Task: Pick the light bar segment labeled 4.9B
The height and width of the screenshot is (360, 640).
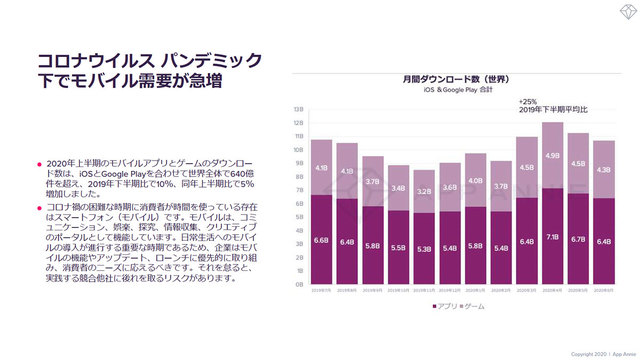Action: pos(553,155)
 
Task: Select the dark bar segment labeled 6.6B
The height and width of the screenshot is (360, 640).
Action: pos(321,240)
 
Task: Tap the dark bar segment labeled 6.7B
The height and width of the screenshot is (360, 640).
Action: pos(579,239)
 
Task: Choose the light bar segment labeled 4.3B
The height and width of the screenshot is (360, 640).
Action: pos(605,169)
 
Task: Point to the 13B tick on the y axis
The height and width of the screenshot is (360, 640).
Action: pos(299,109)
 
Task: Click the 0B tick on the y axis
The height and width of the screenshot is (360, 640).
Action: pos(299,285)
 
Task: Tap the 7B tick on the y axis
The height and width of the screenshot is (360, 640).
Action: pos(299,190)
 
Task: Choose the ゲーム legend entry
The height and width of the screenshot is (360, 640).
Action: pos(472,305)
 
